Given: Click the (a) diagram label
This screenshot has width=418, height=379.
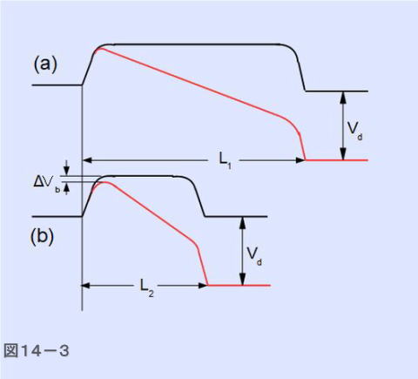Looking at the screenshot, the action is [45, 64].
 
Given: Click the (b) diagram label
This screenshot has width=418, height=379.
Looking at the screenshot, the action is [42, 236].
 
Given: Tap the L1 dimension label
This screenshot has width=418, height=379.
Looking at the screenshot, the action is [225, 160].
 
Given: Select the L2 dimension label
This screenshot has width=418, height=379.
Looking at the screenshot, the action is [147, 288].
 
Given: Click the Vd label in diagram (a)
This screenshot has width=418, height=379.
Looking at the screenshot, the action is [355, 131].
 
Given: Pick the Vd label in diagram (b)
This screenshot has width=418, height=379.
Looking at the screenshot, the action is [254, 256].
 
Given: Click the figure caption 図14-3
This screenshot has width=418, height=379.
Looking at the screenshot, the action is [37, 350].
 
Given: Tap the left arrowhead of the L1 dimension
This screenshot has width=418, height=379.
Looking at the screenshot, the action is [87, 160].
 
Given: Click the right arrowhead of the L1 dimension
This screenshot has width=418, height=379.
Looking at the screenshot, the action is [300, 160].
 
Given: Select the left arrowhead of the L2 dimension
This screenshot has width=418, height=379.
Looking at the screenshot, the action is [85, 286].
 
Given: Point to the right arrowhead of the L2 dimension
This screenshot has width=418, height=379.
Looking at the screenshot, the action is [203, 286].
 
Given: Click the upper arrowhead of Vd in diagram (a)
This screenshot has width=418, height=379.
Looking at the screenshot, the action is [343, 97].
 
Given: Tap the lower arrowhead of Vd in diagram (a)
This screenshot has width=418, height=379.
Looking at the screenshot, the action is [343, 154].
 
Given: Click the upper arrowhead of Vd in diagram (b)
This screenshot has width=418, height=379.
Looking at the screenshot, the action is [243, 222].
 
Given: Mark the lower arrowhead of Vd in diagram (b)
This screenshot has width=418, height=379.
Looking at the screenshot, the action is [243, 280].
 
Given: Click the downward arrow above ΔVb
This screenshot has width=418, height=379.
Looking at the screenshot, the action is [67, 168].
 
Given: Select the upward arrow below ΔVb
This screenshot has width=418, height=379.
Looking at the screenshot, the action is [67, 188].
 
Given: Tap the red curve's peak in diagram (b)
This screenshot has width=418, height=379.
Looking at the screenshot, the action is [104, 182].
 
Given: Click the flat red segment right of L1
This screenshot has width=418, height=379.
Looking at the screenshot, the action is [337, 160].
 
